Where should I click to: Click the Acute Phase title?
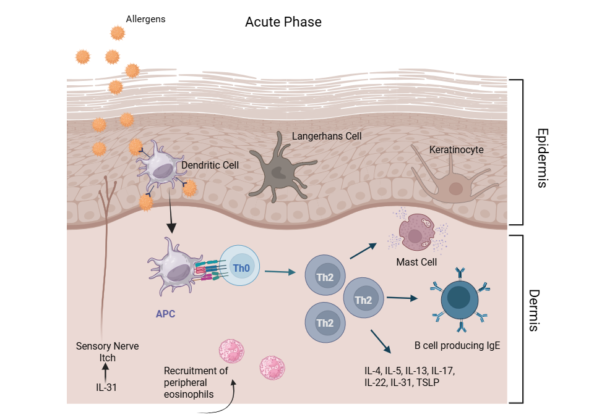[x=283, y=22]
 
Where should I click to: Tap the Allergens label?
[x=146, y=19]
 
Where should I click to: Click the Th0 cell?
[x=241, y=269]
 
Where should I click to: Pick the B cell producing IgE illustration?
[x=460, y=300]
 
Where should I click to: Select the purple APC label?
[x=165, y=314]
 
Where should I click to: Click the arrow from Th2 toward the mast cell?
[x=363, y=251]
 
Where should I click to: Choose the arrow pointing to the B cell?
[x=402, y=298]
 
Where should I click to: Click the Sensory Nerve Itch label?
[x=107, y=352]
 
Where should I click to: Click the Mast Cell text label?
[x=416, y=262]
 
